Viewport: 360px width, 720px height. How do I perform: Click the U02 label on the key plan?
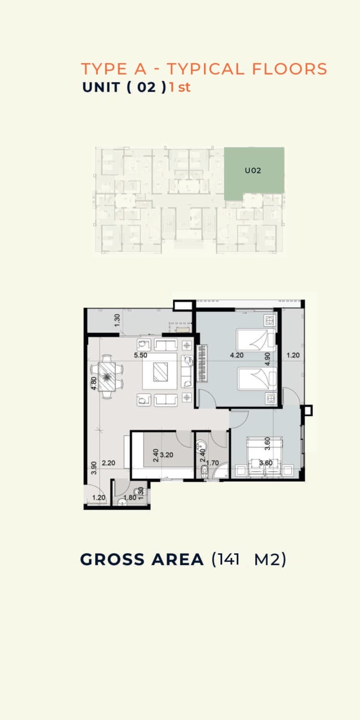pyautogui.click(x=253, y=171)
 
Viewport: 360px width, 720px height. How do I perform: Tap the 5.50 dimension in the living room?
pyautogui.click(x=141, y=355)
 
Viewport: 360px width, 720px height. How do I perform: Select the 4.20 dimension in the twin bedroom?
pyautogui.click(x=237, y=355)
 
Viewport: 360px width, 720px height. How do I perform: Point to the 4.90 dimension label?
pyautogui.click(x=267, y=359)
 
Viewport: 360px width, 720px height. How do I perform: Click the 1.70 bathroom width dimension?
pyautogui.click(x=213, y=463)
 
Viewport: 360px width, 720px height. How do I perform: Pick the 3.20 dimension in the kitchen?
pyautogui.click(x=167, y=455)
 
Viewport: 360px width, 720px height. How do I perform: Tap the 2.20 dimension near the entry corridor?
pyautogui.click(x=108, y=463)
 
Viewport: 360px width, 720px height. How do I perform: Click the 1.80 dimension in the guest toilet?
pyautogui.click(x=130, y=498)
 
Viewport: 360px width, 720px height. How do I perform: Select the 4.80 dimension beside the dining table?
pyautogui.click(x=94, y=383)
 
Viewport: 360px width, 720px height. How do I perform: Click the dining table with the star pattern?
pyautogui.click(x=108, y=376)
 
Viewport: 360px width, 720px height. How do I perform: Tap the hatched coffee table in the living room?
pyautogui.click(x=160, y=372)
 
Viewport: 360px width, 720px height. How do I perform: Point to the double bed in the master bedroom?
pyautogui.click(x=264, y=456)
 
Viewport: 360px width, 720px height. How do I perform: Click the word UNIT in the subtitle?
pyautogui.click(x=101, y=87)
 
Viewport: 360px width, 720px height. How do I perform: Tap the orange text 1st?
pyautogui.click(x=180, y=87)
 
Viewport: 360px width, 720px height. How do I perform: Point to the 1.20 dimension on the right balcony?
pyautogui.click(x=293, y=355)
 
